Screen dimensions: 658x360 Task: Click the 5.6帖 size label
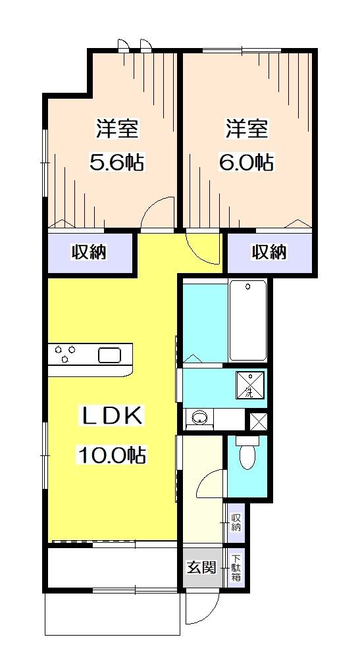coord(117,162)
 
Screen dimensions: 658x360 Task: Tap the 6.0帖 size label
coord(247,162)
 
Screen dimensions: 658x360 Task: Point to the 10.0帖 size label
coord(113,454)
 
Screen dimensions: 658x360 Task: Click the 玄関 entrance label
coord(201,567)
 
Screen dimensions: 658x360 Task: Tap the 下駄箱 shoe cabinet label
coord(236,567)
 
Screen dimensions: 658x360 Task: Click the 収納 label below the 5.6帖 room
coord(90,251)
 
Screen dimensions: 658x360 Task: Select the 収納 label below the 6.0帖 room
coord(269,251)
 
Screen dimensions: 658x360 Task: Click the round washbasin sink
coord(197,417)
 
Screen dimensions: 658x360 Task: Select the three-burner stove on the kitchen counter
coord(64,355)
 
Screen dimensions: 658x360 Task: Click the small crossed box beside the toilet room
coord(257,420)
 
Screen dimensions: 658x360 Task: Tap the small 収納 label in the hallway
coord(236,522)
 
